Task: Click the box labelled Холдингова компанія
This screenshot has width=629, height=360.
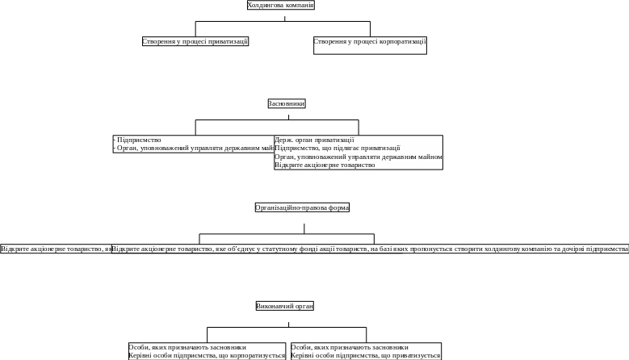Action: (280, 6)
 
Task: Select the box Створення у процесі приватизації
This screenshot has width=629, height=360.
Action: (195, 41)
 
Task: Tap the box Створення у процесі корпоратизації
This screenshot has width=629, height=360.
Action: (370, 42)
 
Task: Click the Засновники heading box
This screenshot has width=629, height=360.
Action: (287, 103)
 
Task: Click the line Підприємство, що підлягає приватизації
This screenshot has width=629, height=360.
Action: (337, 148)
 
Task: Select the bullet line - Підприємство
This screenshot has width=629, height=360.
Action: (138, 140)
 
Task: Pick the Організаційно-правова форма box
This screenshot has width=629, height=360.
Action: (302, 207)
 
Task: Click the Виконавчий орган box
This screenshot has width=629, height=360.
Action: (284, 306)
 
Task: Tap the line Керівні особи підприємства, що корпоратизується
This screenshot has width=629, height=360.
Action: (207, 355)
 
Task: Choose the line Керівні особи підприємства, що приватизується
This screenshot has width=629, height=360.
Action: (366, 355)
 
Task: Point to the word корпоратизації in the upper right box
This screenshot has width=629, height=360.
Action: (405, 41)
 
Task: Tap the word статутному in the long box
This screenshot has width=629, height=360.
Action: (278, 249)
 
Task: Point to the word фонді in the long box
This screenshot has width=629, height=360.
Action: (305, 249)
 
